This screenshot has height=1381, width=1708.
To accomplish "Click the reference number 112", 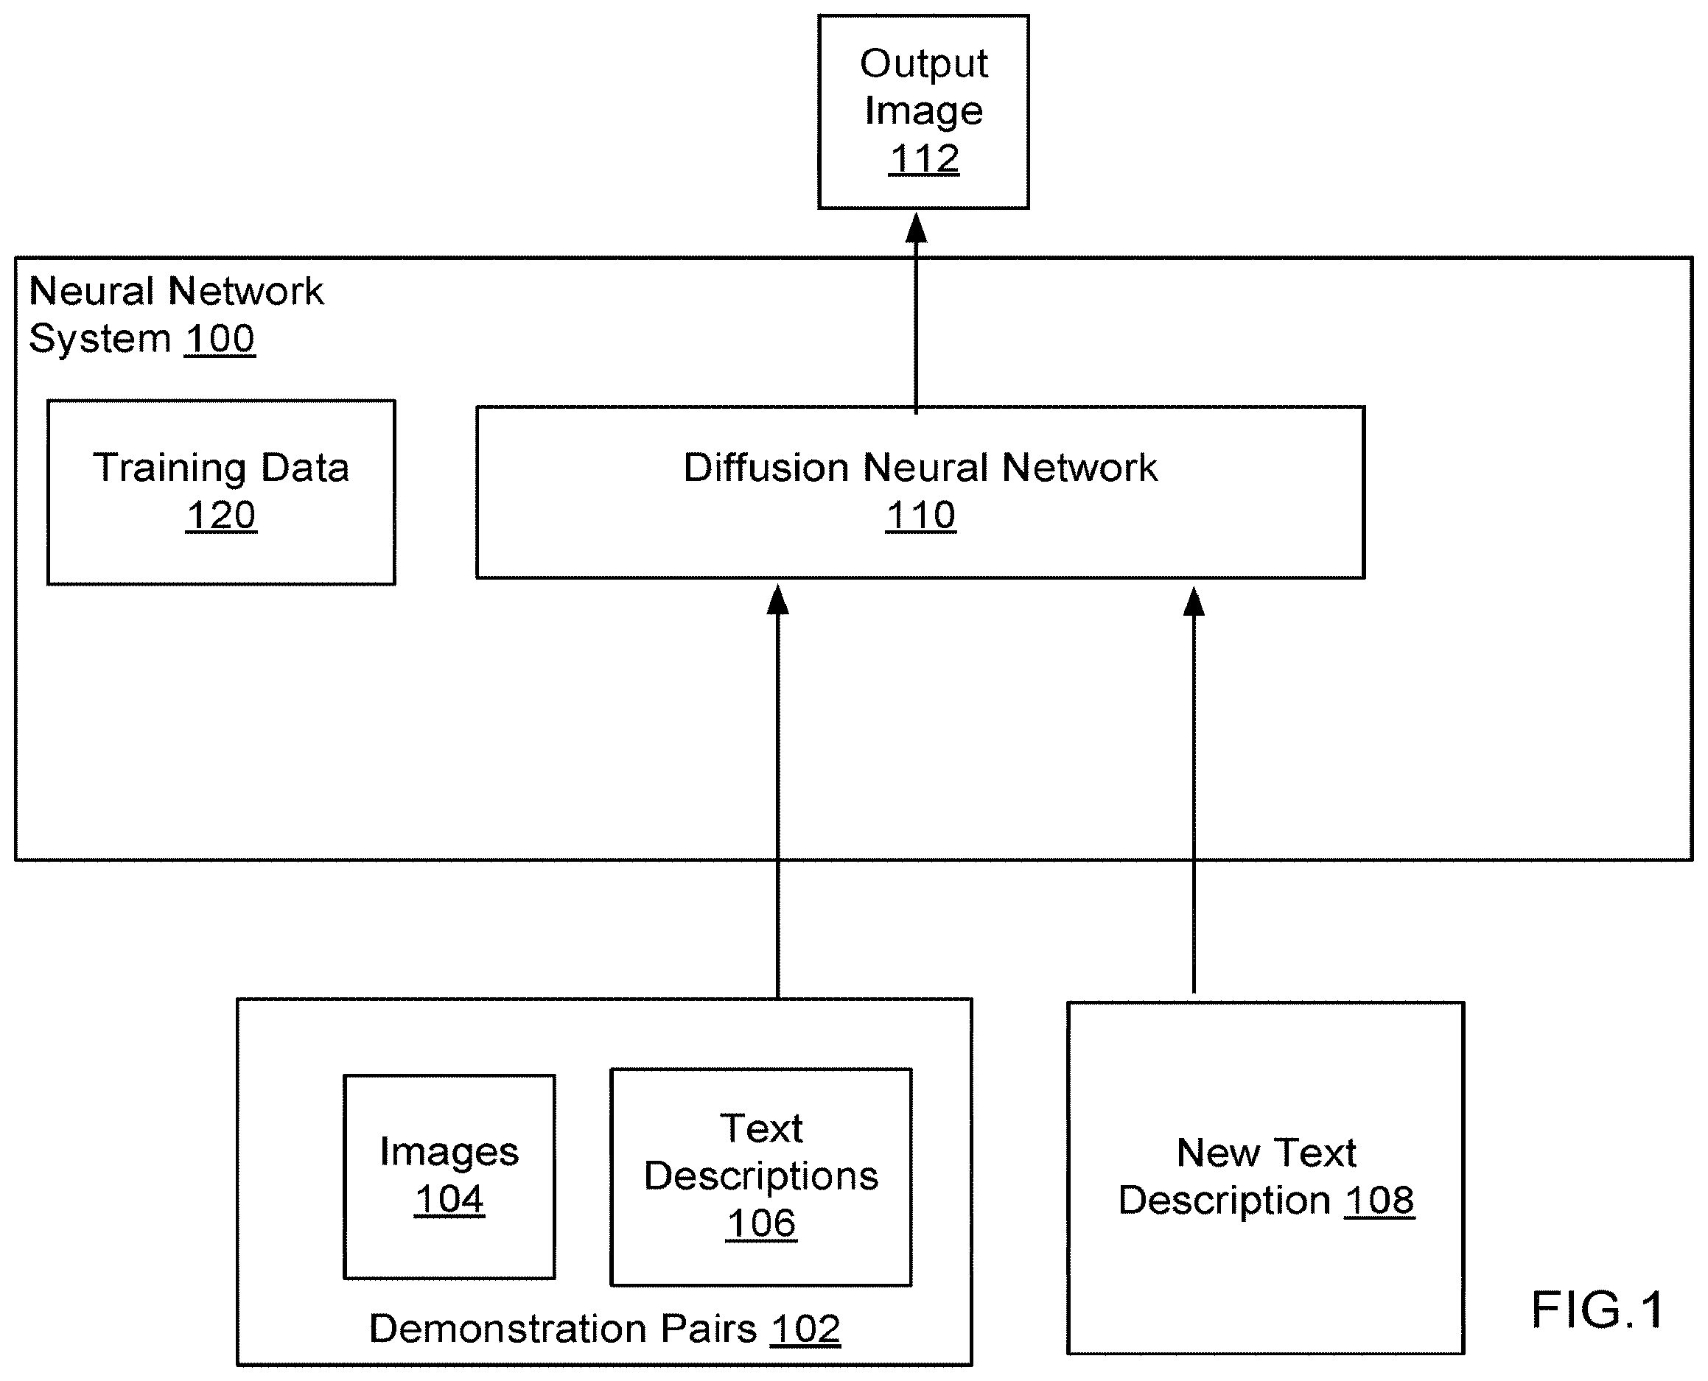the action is click(924, 158).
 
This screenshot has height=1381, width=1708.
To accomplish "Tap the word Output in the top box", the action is click(924, 63).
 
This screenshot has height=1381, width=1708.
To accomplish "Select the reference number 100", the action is click(220, 339).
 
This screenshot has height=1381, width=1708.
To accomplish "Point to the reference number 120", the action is click(221, 516).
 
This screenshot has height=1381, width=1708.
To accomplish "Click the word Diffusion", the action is click(766, 467).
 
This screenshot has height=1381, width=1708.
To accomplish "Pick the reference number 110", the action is click(921, 516).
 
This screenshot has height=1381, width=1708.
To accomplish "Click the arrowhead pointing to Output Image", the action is click(917, 228).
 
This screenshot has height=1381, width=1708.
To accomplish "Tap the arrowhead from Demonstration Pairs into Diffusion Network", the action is click(777, 599).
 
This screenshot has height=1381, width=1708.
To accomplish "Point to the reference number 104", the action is click(449, 1200).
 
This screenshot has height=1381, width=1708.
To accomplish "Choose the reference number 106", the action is click(762, 1223).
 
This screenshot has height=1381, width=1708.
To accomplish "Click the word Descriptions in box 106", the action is click(762, 1176).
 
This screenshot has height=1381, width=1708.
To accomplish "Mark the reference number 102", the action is click(805, 1329).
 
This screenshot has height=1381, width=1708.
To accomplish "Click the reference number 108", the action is click(1380, 1201).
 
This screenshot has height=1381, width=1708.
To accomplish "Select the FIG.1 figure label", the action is click(1597, 1310).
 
